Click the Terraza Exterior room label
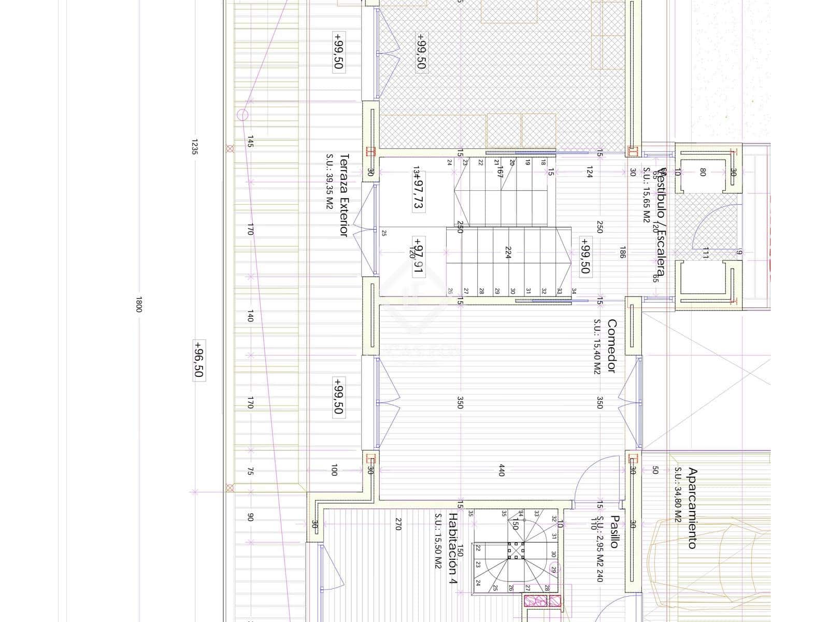pyautogui.click(x=343, y=195)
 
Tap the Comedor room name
pyautogui.click(x=612, y=346)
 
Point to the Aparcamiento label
pyautogui.click(x=692, y=508)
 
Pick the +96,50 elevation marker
pyautogui.click(x=198, y=360)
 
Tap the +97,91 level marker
pyautogui.click(x=418, y=255)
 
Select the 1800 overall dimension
pyautogui.click(x=138, y=304)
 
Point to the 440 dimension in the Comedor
pyautogui.click(x=501, y=470)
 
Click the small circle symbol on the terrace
pyautogui.click(x=242, y=115)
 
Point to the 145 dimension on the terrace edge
pyautogui.click(x=250, y=142)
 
